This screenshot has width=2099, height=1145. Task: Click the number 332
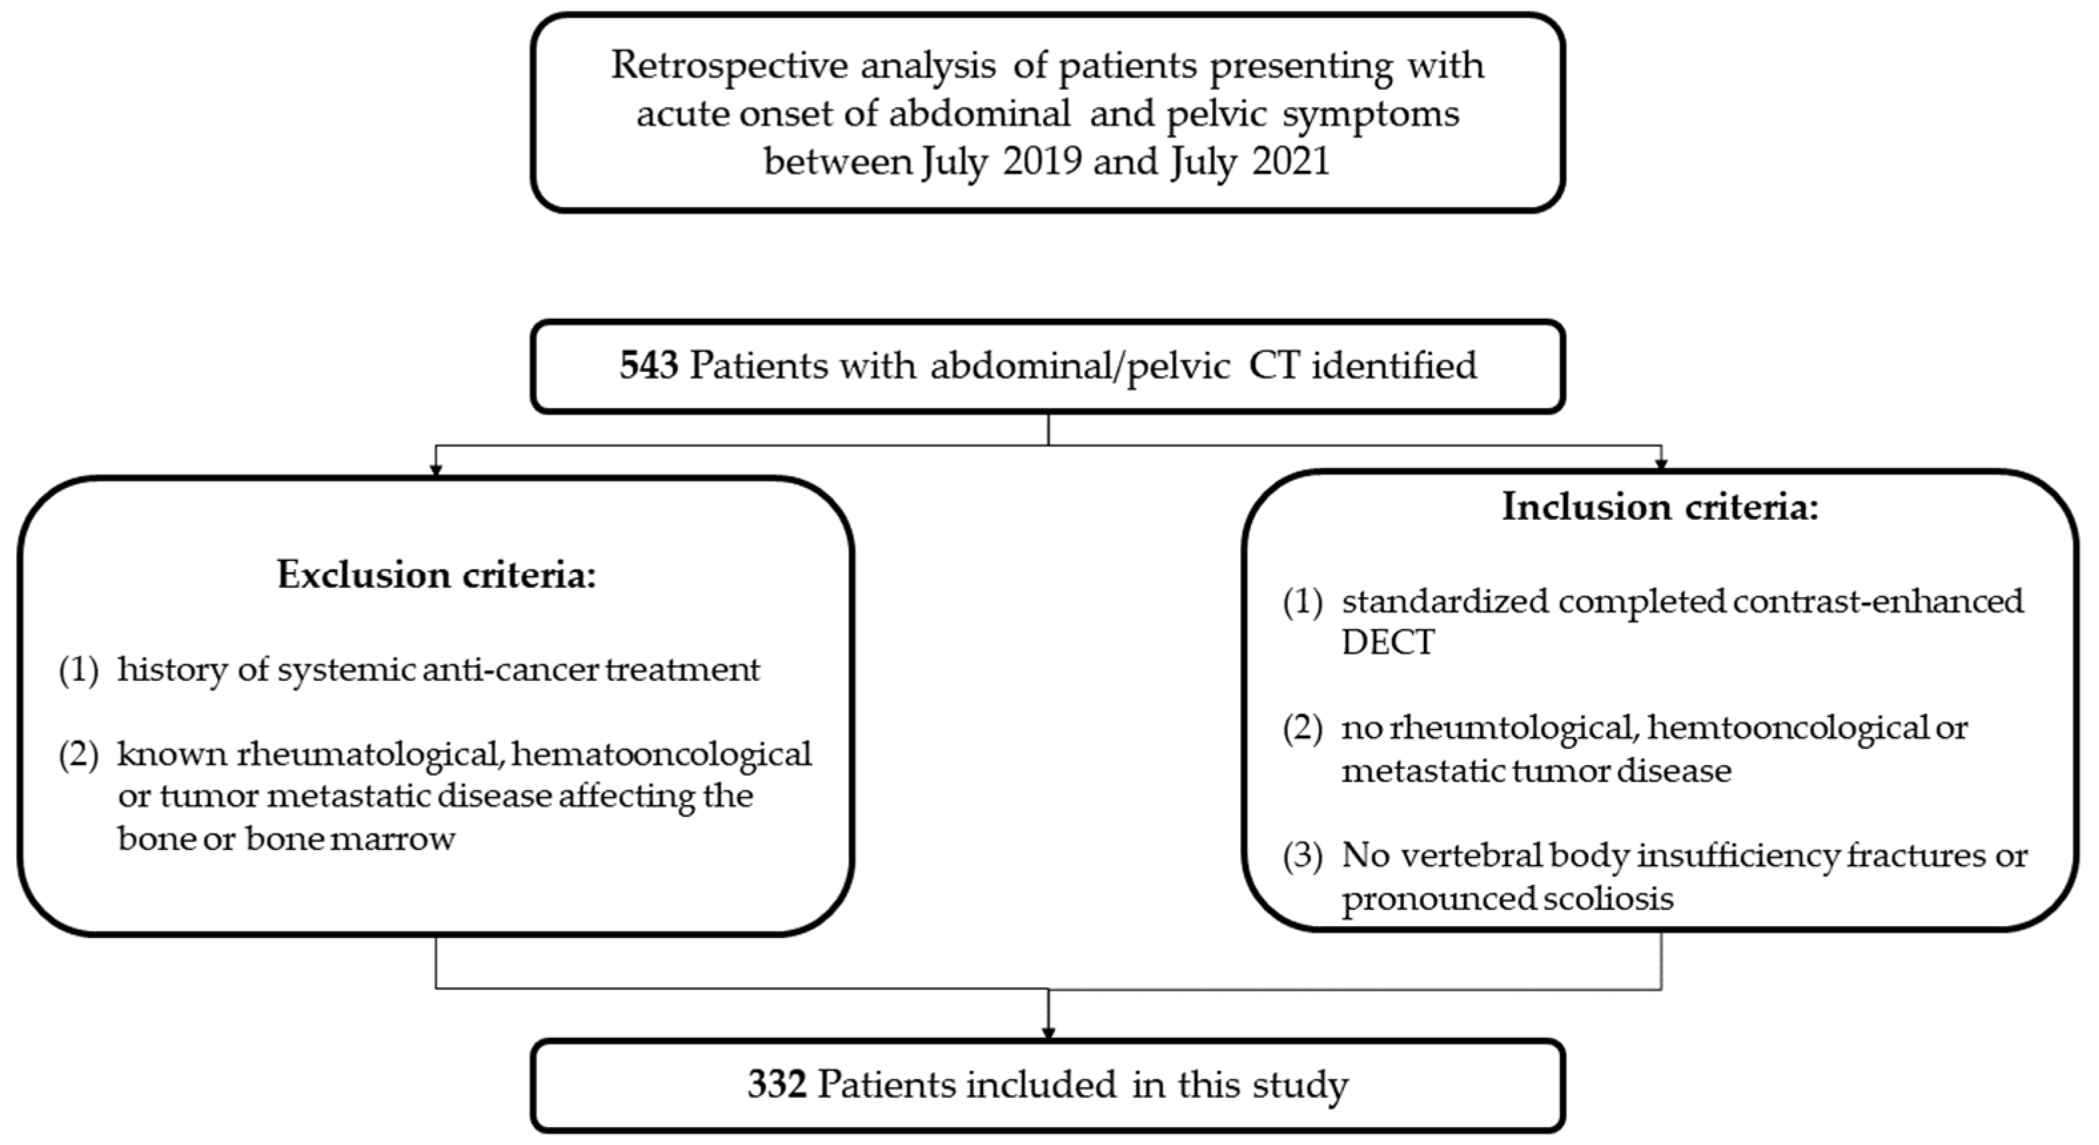778,1084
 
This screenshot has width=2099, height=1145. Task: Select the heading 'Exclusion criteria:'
437,574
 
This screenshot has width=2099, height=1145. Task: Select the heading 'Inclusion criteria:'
1660,507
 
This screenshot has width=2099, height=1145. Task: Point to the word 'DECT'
1387,642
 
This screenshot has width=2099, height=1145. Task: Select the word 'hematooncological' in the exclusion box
662,754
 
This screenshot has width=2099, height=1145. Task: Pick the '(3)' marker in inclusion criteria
1302,855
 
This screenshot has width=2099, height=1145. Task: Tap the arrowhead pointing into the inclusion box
1660,465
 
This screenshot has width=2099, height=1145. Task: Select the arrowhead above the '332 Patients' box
1048,1032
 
